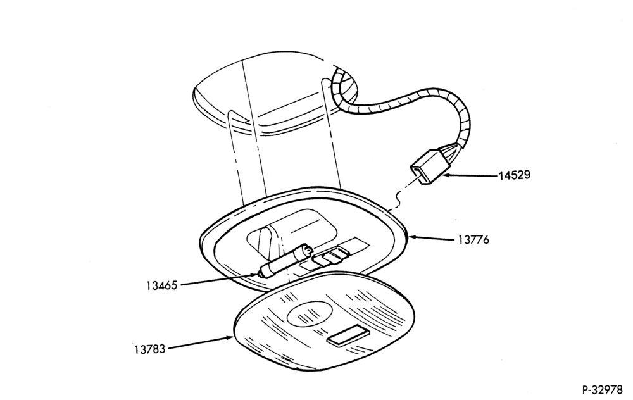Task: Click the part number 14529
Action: pyautogui.click(x=514, y=175)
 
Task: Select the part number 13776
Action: pyautogui.click(x=473, y=240)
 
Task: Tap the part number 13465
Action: pyautogui.click(x=161, y=285)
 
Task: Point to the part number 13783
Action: pyautogui.click(x=150, y=349)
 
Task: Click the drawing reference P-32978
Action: pyautogui.click(x=602, y=391)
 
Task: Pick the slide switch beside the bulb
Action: pyautogui.click(x=332, y=257)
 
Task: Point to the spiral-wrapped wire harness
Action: pyautogui.click(x=404, y=107)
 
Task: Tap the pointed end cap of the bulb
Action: pyautogui.click(x=262, y=275)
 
